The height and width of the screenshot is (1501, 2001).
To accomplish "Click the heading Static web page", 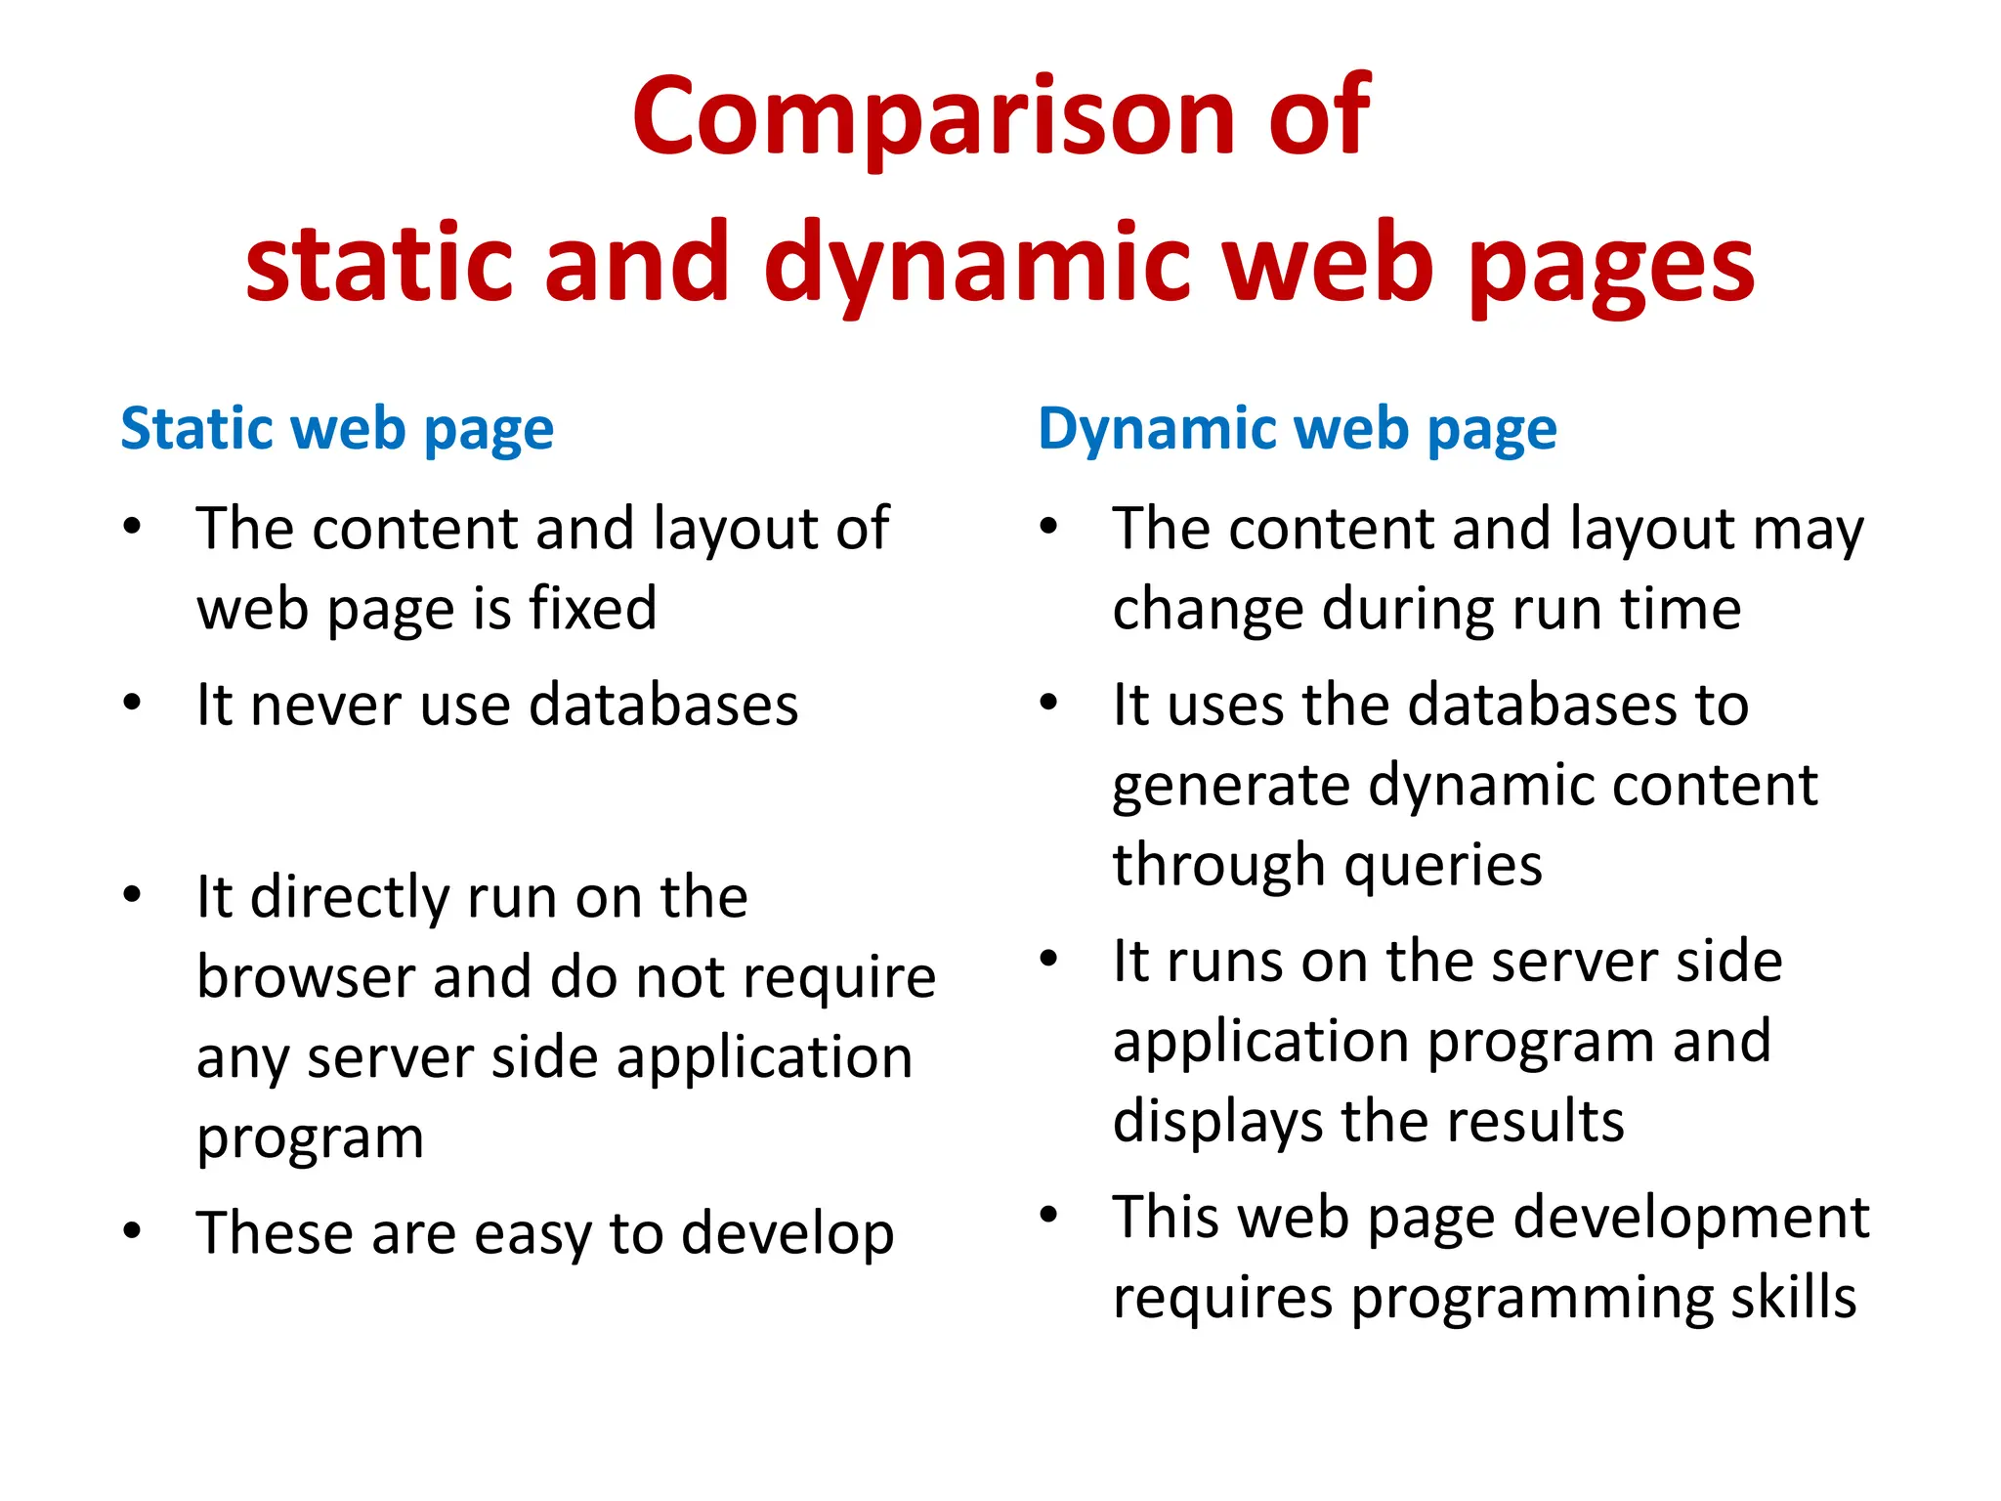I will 337,430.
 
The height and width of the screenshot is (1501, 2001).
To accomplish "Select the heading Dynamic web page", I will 1297,430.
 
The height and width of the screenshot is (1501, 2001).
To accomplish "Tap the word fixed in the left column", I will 592,608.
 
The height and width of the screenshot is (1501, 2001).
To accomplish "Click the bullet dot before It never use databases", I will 133,703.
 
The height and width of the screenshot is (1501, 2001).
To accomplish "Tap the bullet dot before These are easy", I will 133,1230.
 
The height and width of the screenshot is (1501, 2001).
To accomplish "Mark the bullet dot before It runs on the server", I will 1048,959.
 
